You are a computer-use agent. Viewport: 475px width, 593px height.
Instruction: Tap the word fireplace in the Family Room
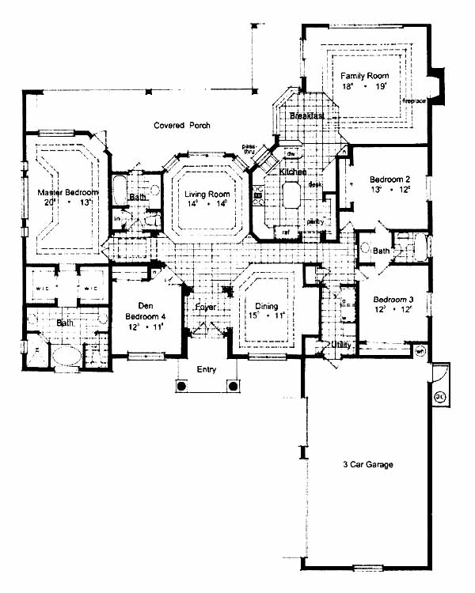click(x=415, y=101)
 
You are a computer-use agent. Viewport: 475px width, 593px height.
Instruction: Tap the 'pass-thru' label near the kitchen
click(x=249, y=149)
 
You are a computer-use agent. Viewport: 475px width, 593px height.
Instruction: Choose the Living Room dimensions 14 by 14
click(x=207, y=204)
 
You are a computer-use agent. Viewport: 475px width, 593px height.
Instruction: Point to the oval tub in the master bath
click(x=66, y=355)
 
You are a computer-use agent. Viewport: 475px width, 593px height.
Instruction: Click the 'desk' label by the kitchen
click(x=313, y=184)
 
